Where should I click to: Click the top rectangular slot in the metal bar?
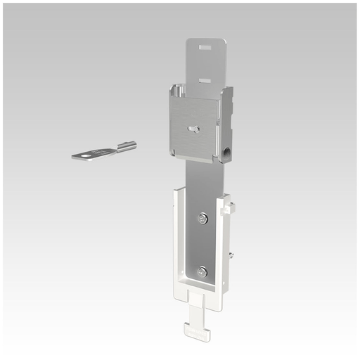point(205,49)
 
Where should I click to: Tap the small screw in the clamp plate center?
point(193,128)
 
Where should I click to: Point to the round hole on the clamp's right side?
point(227,151)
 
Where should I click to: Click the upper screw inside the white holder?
point(202,219)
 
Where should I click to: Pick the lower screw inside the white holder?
point(202,271)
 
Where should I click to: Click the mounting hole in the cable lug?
point(88,155)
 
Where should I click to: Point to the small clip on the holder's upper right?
point(229,207)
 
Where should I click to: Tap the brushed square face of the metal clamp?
point(193,123)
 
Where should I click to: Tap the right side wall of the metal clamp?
point(226,123)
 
